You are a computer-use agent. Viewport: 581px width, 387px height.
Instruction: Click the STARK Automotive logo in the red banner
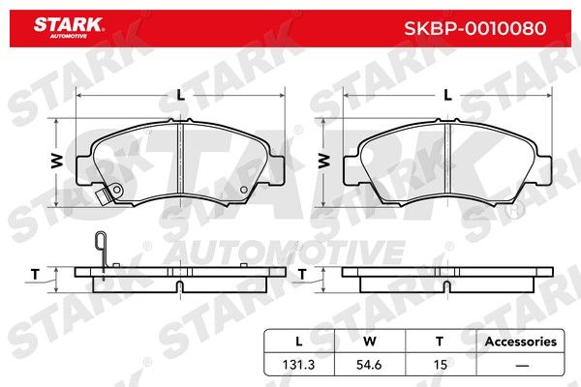click(x=69, y=28)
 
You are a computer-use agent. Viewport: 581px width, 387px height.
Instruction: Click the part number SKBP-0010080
click(x=475, y=28)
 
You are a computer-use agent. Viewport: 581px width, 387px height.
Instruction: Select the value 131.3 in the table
click(x=298, y=365)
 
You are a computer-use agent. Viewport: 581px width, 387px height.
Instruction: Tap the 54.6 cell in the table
click(x=369, y=365)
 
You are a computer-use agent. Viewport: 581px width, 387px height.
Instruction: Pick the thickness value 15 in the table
click(x=441, y=365)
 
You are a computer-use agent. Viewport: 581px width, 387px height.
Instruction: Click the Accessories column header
click(x=521, y=342)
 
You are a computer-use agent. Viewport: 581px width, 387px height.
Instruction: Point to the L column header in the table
click(x=298, y=342)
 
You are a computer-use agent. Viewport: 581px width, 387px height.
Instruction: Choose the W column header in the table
click(x=370, y=342)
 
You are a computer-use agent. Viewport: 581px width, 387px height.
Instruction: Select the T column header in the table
click(x=440, y=342)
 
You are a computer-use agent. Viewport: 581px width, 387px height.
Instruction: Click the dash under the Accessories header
click(x=522, y=366)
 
